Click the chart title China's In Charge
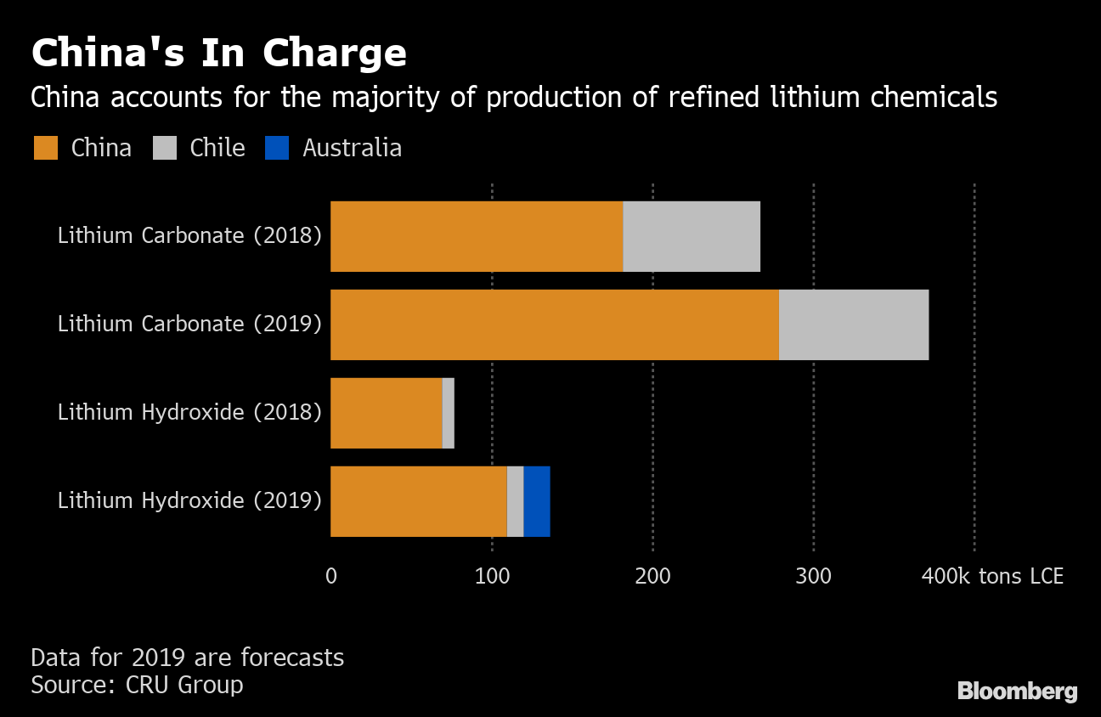[x=218, y=53]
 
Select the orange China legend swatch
[x=46, y=149]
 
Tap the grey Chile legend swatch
[x=165, y=149]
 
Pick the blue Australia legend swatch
[x=277, y=149]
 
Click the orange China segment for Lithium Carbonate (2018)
[x=477, y=236]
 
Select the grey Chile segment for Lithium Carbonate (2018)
[x=692, y=236]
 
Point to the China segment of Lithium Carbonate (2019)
[x=555, y=325]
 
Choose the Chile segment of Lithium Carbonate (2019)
[x=854, y=325]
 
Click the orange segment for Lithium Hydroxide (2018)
[x=387, y=413]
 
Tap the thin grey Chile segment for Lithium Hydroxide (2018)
[x=449, y=413]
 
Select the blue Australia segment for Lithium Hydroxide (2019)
[x=537, y=501]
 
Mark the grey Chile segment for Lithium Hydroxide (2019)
[x=515, y=501]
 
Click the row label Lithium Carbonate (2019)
[x=189, y=325]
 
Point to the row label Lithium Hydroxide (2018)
[x=189, y=413]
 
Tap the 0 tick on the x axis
[x=331, y=576]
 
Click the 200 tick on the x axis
[x=652, y=576]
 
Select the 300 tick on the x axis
[x=813, y=576]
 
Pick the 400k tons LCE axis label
[x=992, y=576]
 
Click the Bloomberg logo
[x=1017, y=692]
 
